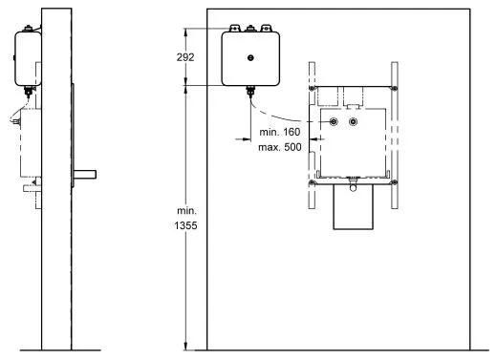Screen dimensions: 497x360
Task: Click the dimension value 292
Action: coord(185,57)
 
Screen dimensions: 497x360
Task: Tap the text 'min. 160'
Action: coord(280,132)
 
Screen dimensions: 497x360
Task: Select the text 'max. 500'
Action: coord(280,147)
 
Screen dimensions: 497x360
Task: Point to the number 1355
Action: coord(185,225)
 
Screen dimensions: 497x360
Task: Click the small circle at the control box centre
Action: coord(250,58)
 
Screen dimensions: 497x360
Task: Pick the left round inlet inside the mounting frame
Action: coord(334,121)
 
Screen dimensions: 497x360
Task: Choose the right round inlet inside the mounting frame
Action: coord(353,121)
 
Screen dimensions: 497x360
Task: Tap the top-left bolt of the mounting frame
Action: coord(312,88)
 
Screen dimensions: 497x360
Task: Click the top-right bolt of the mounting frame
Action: coord(395,88)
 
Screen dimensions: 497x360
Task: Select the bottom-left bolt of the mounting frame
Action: coord(312,182)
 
